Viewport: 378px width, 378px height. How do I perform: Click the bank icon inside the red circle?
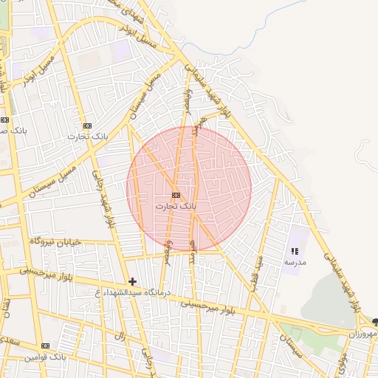coord(175,195)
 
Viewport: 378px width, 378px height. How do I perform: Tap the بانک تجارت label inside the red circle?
coord(176,207)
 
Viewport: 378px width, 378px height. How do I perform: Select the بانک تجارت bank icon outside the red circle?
coord(88,126)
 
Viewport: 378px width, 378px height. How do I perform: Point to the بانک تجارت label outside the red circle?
coord(88,137)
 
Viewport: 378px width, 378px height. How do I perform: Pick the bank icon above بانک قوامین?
coord(46,346)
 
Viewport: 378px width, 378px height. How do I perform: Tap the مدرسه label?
coord(295,262)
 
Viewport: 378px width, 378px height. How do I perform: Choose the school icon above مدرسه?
coord(295,252)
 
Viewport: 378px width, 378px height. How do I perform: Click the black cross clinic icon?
coord(133,281)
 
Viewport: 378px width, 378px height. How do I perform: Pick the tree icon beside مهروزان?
coord(374,322)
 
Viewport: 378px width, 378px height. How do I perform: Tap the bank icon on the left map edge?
coord(5,119)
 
